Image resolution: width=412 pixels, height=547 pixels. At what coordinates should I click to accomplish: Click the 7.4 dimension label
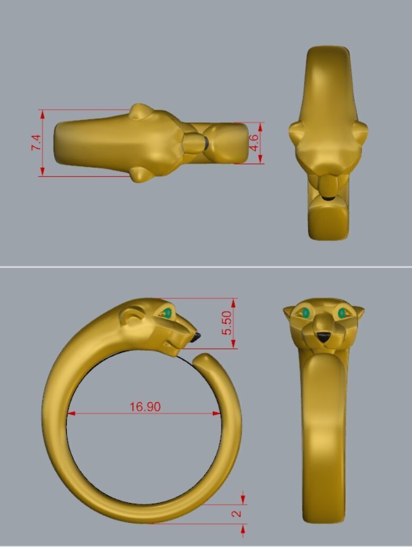36,143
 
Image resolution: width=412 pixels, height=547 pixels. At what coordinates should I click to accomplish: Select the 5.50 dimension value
226,323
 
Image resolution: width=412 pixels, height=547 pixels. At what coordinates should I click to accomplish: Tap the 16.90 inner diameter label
145,407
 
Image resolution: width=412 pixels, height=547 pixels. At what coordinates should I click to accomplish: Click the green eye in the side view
168,313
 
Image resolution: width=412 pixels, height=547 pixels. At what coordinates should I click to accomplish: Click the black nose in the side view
196,337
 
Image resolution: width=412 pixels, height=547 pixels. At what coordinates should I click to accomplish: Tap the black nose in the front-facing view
323,337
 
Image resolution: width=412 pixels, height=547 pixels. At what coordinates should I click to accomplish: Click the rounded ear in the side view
130,316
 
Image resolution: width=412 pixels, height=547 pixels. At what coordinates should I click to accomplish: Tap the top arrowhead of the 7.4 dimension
42,113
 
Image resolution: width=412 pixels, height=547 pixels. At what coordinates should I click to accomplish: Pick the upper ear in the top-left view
140,111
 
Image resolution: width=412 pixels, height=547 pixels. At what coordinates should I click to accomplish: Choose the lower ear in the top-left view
140,174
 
